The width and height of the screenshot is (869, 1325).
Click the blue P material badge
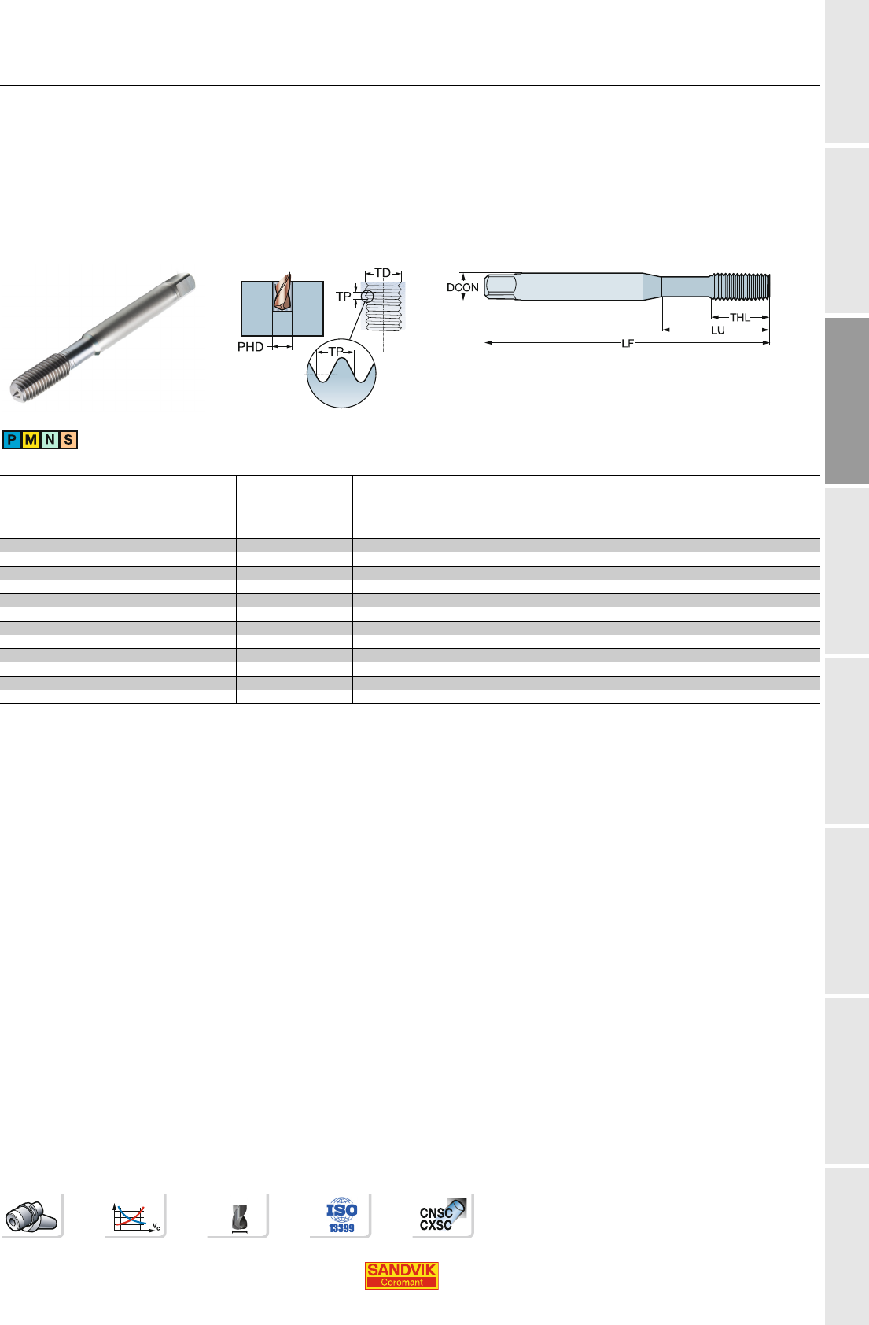[12, 440]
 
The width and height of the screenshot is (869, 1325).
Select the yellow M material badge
[31, 440]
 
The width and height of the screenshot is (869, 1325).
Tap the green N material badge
[50, 440]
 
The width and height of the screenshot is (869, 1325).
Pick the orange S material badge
[68, 440]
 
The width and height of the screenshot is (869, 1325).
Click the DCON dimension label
[462, 287]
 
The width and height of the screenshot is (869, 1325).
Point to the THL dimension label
[739, 318]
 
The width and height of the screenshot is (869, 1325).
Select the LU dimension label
[718, 330]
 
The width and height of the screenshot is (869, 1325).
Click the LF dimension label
[628, 343]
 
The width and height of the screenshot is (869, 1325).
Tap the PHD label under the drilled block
[250, 347]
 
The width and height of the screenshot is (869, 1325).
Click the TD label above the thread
[382, 273]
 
